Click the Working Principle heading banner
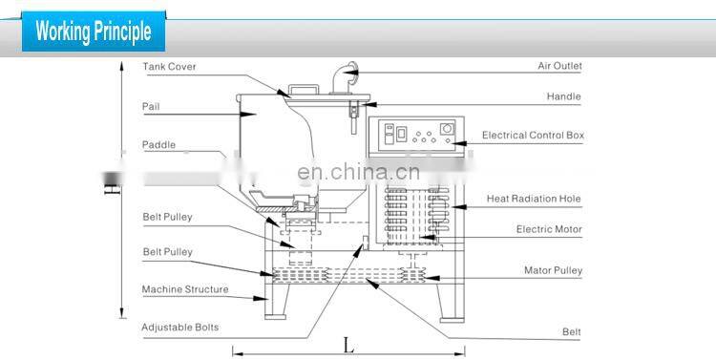click(x=94, y=31)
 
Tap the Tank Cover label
click(x=168, y=67)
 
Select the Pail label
click(x=150, y=106)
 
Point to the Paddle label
click(x=158, y=145)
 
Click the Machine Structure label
click(x=185, y=288)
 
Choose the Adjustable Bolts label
click(x=180, y=327)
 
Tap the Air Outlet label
click(x=559, y=66)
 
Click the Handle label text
click(x=564, y=96)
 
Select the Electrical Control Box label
click(x=533, y=136)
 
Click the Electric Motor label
click(x=549, y=229)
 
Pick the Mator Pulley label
click(x=553, y=270)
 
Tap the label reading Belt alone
click(x=571, y=331)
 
